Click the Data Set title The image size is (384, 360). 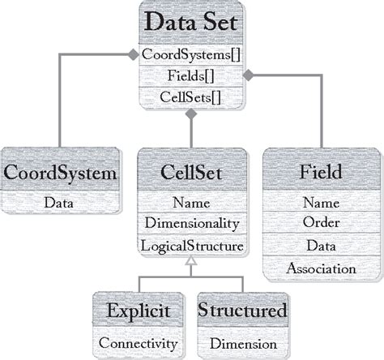(192, 23)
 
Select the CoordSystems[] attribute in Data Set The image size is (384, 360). (192, 55)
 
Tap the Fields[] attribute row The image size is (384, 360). (192, 77)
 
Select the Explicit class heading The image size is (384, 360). (138, 311)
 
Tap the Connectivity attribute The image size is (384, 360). (138, 343)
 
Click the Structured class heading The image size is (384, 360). (242, 311)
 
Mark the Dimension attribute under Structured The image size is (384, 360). (242, 343)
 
